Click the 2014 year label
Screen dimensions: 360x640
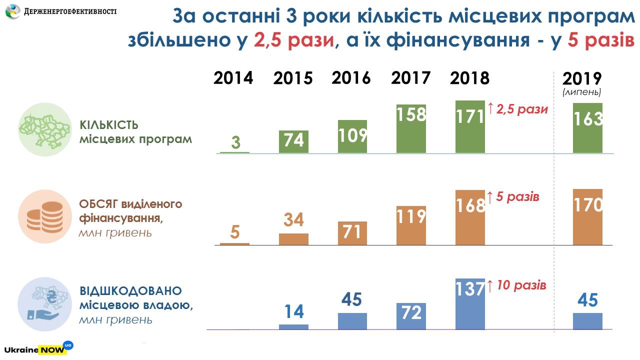click(233, 78)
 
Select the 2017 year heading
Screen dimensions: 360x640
click(410, 78)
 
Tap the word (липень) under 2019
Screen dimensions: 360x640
click(581, 92)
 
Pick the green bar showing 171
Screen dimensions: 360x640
click(470, 127)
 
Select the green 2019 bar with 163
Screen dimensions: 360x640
click(587, 128)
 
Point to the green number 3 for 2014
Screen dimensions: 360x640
click(235, 143)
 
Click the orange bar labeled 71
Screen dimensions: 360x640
click(352, 233)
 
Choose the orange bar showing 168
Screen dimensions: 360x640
click(470, 217)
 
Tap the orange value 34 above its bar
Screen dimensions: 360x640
click(293, 220)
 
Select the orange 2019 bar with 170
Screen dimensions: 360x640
click(587, 217)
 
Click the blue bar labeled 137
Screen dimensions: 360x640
click(470, 304)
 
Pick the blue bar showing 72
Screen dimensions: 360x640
click(411, 316)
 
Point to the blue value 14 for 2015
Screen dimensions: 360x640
click(293, 311)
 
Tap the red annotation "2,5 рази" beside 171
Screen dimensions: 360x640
click(521, 109)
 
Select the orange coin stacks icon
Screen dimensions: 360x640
click(42, 217)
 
